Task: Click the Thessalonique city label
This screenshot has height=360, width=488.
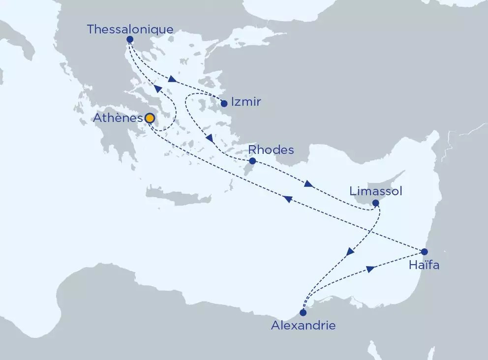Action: pyautogui.click(x=130, y=30)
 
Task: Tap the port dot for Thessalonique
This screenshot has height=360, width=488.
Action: pyautogui.click(x=130, y=39)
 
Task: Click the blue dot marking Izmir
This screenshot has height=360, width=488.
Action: pyautogui.click(x=224, y=104)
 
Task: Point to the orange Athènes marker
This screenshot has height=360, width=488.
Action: pyautogui.click(x=149, y=119)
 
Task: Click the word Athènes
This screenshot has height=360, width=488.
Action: pyautogui.click(x=119, y=119)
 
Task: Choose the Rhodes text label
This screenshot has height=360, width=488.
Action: pyautogui.click(x=271, y=149)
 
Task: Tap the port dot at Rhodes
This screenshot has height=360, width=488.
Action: pyautogui.click(x=252, y=161)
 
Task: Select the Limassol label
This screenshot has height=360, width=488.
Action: pyautogui.click(x=375, y=191)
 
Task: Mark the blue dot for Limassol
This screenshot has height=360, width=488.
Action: pyautogui.click(x=375, y=203)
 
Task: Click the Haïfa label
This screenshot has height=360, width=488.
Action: pyautogui.click(x=424, y=266)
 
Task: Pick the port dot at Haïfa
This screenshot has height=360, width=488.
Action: pyautogui.click(x=425, y=251)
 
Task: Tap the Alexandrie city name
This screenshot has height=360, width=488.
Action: pyautogui.click(x=304, y=325)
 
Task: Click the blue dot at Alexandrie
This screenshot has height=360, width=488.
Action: pyautogui.click(x=303, y=312)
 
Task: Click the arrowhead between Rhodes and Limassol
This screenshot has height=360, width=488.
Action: pyautogui.click(x=308, y=184)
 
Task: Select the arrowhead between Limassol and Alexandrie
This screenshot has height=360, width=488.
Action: pyautogui.click(x=350, y=252)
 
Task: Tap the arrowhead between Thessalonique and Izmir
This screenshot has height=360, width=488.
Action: pyautogui.click(x=172, y=79)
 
